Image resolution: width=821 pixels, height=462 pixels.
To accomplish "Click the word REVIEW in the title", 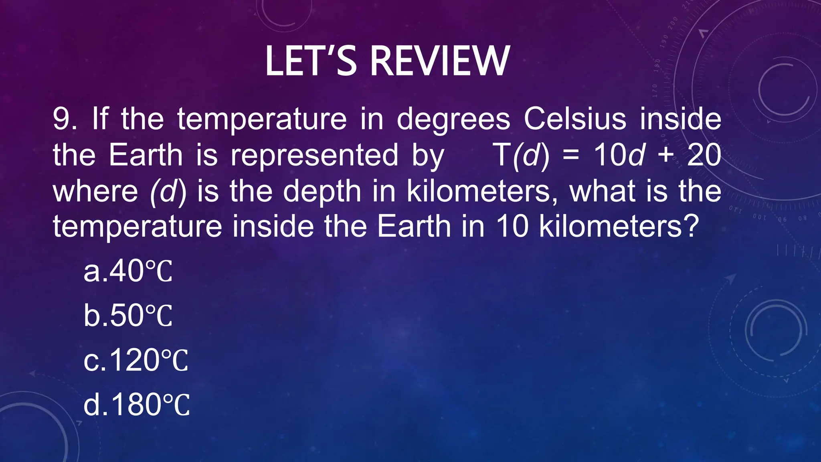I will [x=440, y=61].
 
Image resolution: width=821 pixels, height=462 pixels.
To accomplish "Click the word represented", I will [x=314, y=156].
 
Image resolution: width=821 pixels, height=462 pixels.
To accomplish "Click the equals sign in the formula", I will [x=571, y=156].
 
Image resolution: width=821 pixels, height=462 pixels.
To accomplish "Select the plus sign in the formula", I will [x=665, y=156].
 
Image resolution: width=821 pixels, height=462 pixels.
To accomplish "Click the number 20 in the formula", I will [x=704, y=155].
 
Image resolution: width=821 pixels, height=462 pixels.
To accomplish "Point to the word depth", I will [x=322, y=192].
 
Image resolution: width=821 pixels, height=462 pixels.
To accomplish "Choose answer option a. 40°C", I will [x=128, y=271].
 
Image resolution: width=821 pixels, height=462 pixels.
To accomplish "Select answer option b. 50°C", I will [x=128, y=316].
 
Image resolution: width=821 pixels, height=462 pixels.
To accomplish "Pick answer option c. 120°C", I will [x=135, y=360].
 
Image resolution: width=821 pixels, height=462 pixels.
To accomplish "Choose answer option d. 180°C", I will [x=136, y=405].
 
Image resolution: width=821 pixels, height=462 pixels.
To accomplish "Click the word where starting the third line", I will [x=95, y=191].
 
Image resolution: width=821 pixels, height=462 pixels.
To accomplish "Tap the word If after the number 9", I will [x=100, y=119].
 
